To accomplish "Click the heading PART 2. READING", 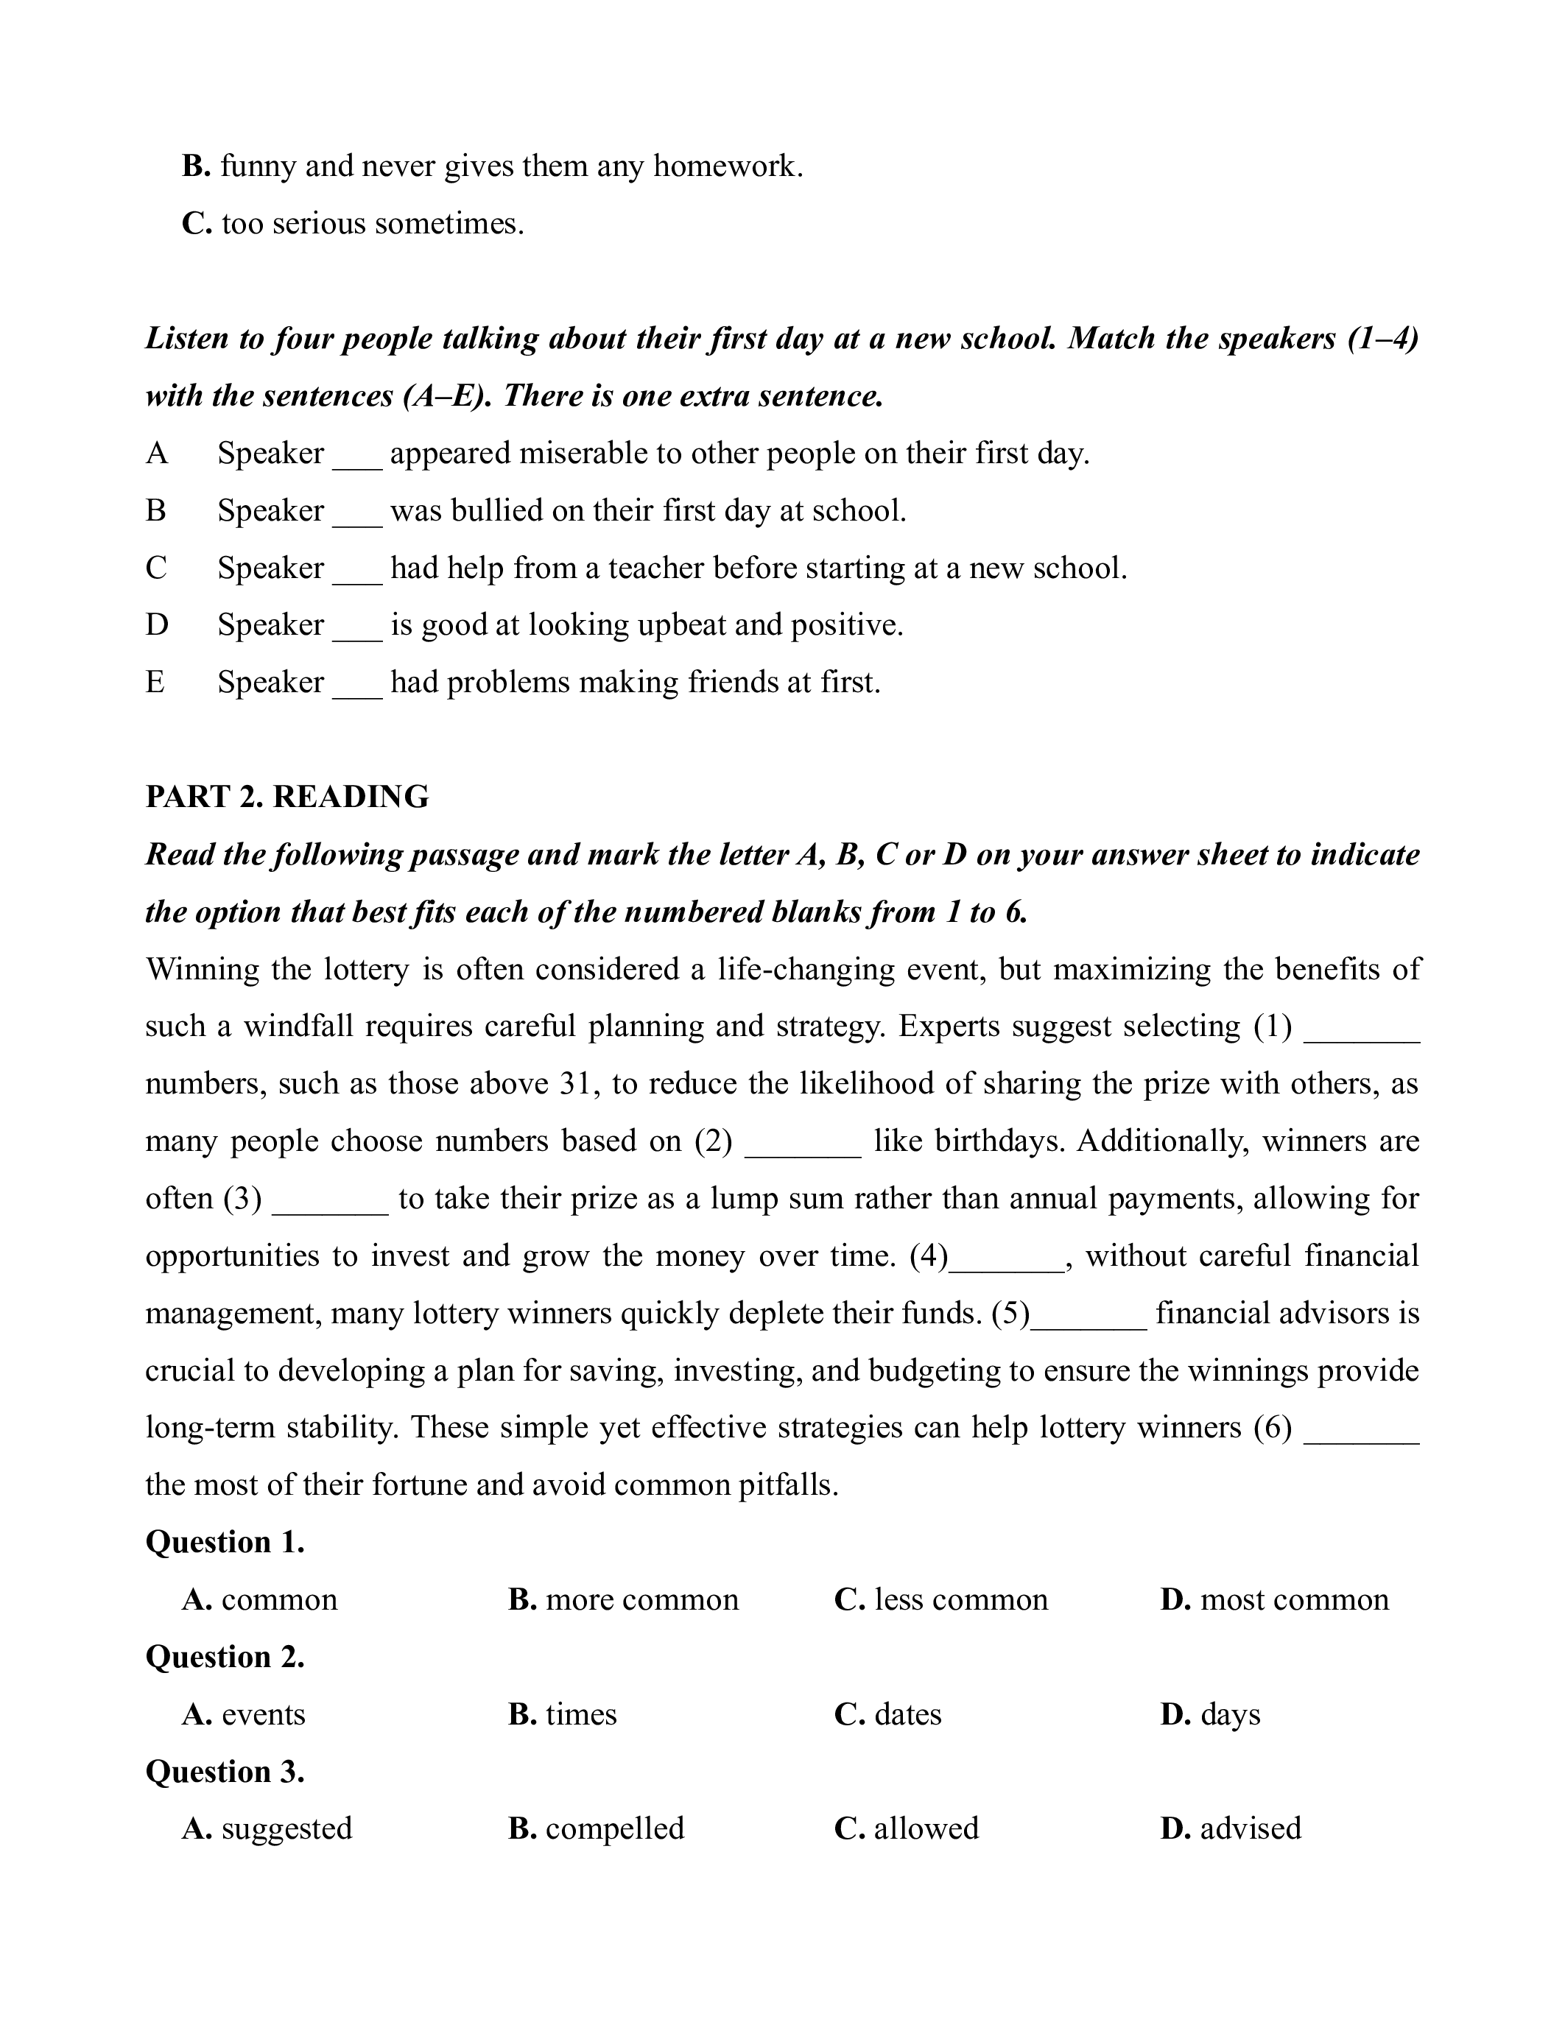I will pos(286,797).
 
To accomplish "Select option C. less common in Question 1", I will pos(940,1599).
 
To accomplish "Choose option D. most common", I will pos(1274,1599).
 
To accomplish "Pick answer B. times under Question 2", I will pos(562,1714).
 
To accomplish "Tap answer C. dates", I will pos(887,1714).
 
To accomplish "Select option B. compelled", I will pos(595,1828).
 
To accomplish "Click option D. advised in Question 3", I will pos(1231,1828).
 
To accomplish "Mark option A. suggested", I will pos(267,1828).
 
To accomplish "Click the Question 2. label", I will pos(225,1657).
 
